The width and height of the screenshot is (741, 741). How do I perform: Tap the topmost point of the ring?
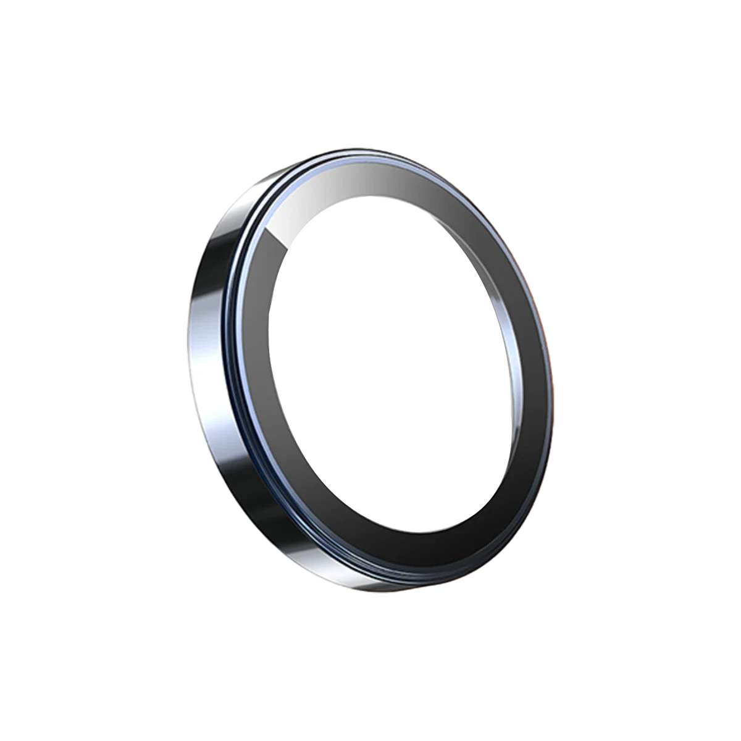pos(358,148)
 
